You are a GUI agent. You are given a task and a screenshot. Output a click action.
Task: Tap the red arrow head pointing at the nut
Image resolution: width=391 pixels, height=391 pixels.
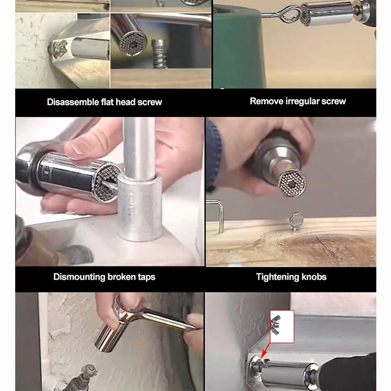click(263, 355)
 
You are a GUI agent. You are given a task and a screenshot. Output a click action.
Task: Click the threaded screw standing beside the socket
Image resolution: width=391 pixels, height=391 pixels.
click(159, 54)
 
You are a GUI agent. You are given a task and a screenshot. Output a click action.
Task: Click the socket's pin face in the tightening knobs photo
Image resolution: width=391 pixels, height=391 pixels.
click(292, 184)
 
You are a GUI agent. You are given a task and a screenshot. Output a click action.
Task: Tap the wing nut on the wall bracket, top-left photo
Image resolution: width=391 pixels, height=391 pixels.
click(59, 49)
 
